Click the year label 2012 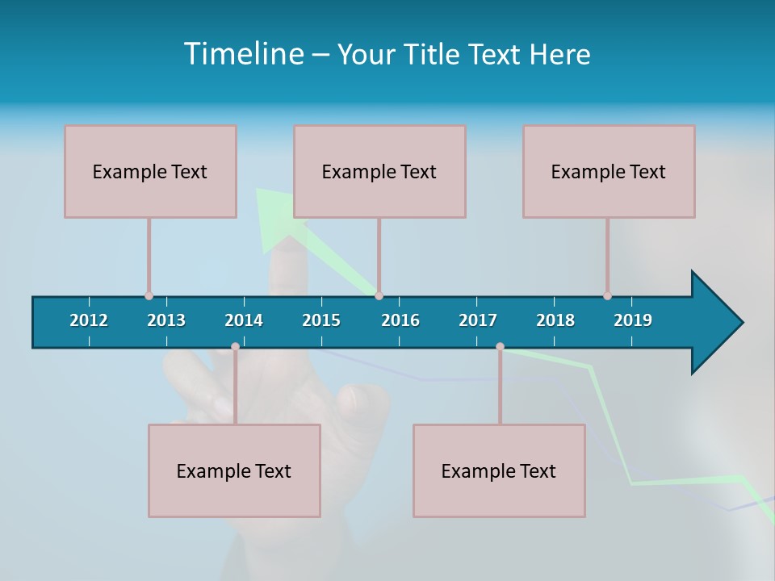pyautogui.click(x=89, y=320)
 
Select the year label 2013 pyautogui.click(x=166, y=320)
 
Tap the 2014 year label pyautogui.click(x=244, y=320)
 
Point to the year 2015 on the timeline pyautogui.click(x=321, y=320)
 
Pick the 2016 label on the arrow pyautogui.click(x=400, y=320)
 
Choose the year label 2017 pyautogui.click(x=478, y=320)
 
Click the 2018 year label pyautogui.click(x=555, y=320)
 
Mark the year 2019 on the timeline pyautogui.click(x=633, y=320)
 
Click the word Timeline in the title pyautogui.click(x=242, y=54)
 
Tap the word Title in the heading pyautogui.click(x=432, y=55)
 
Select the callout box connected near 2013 pyautogui.click(x=150, y=171)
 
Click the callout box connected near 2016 pyautogui.click(x=379, y=171)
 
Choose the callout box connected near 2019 pyautogui.click(x=609, y=171)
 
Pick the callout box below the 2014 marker pyautogui.click(x=234, y=470)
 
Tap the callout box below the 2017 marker pyautogui.click(x=499, y=470)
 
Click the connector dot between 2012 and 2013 pyautogui.click(x=149, y=295)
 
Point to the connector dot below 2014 pyautogui.click(x=235, y=347)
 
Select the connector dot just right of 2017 pyautogui.click(x=500, y=347)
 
